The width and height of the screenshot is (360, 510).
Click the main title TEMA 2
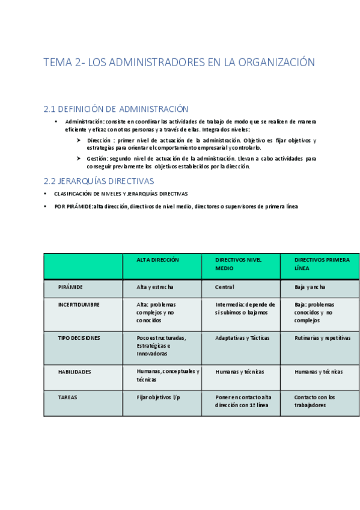coord(179,63)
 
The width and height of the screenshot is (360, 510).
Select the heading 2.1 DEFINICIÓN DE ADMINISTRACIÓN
coord(116,109)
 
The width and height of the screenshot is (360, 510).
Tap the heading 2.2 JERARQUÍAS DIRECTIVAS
coord(99,180)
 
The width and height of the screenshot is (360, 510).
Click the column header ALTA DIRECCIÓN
coord(158,260)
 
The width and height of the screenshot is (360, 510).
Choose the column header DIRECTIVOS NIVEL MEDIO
coord(239,263)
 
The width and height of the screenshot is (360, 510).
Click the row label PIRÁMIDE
coord(70,287)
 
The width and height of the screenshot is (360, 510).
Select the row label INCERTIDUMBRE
coord(79,304)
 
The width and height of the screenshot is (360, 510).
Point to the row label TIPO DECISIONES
coord(79,338)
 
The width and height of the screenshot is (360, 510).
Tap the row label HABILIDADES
coord(75,372)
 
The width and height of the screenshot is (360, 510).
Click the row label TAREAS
coord(67,397)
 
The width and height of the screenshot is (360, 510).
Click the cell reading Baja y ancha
coord(310,287)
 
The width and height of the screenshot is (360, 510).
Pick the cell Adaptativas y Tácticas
coord(242,338)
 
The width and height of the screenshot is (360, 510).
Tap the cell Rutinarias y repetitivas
coord(322,338)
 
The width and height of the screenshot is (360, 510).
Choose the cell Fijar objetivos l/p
coord(159,397)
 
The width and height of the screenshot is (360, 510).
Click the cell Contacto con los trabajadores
coord(315,401)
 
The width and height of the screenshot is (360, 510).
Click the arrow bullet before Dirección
coord(79,140)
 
